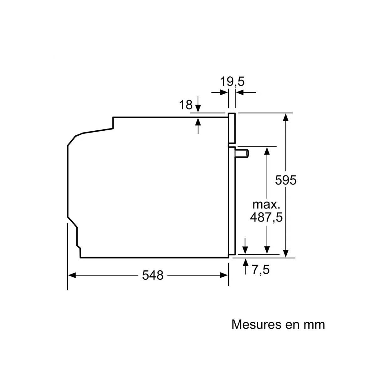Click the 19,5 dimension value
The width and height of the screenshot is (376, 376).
click(x=232, y=81)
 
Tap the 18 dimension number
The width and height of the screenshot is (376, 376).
click(x=186, y=105)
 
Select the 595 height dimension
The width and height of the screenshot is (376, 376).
click(x=286, y=180)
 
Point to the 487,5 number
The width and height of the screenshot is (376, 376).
click(x=266, y=217)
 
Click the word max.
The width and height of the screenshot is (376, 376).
click(x=266, y=205)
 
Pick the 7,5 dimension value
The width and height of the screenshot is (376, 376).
click(x=261, y=269)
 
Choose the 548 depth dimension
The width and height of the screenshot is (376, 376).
click(x=153, y=275)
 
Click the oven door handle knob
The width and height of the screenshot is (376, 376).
click(x=242, y=153)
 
